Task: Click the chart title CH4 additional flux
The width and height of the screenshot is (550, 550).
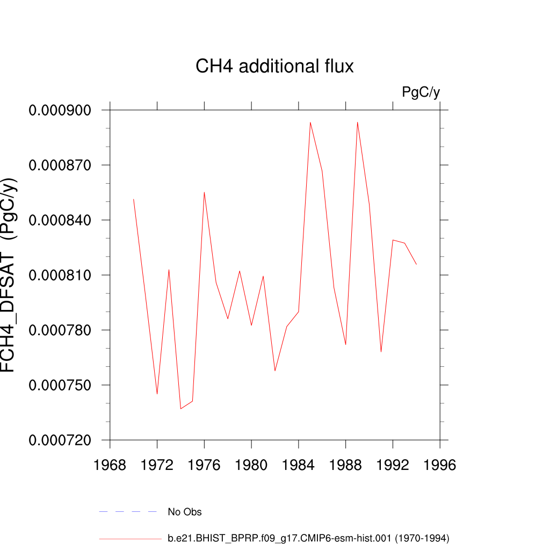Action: pyautogui.click(x=274, y=67)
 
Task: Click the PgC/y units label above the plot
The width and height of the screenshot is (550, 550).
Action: pyautogui.click(x=421, y=92)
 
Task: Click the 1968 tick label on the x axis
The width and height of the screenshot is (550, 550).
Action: pyautogui.click(x=110, y=465)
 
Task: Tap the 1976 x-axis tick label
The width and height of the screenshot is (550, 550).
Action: pyautogui.click(x=204, y=465)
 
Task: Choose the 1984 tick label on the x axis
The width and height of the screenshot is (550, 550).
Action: pyautogui.click(x=299, y=465)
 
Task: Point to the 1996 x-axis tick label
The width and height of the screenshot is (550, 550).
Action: pyautogui.click(x=440, y=465)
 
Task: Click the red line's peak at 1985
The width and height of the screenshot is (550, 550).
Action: pyautogui.click(x=310, y=122)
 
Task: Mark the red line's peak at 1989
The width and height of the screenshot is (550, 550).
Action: pyautogui.click(x=357, y=122)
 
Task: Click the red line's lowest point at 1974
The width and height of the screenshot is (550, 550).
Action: pyautogui.click(x=180, y=409)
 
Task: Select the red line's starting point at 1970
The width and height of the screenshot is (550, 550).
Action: pyautogui.click(x=134, y=199)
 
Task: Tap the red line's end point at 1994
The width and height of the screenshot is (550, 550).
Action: pyautogui.click(x=416, y=264)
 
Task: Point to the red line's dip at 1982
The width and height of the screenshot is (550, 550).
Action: pyautogui.click(x=275, y=371)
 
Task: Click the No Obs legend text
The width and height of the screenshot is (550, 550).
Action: pyautogui.click(x=185, y=512)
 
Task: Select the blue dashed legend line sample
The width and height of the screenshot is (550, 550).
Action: pyautogui.click(x=128, y=512)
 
